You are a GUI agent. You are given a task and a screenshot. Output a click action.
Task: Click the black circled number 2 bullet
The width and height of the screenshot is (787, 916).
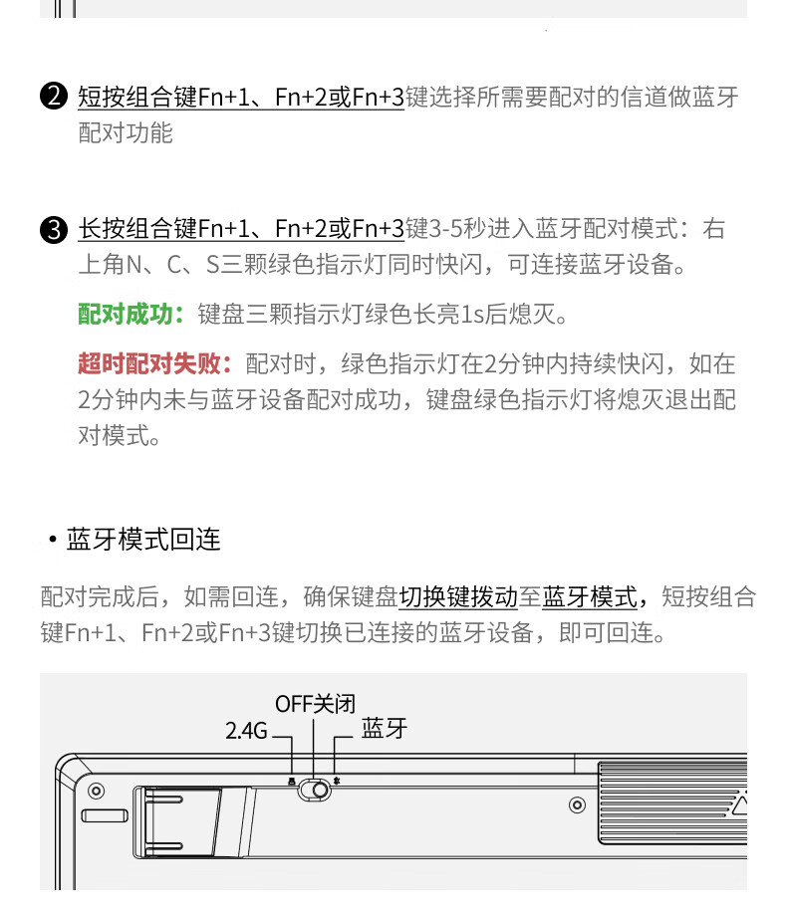[x=54, y=97]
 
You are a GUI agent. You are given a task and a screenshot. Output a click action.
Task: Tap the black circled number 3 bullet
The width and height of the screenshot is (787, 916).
[x=54, y=229]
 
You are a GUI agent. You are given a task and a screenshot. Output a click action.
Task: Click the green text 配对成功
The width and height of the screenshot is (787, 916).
[x=126, y=315]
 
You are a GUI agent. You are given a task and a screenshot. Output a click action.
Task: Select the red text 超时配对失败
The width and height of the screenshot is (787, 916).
[x=149, y=364]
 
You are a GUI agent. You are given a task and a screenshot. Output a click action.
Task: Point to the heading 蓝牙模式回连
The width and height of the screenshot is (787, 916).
[x=143, y=540]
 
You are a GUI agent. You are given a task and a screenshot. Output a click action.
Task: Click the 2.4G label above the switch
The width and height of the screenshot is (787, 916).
[x=246, y=731]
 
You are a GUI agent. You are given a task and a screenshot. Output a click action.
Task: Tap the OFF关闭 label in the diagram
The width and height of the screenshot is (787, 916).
[x=315, y=704]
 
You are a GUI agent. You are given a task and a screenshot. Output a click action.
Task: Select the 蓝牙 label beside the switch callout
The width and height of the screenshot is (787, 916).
[x=384, y=729]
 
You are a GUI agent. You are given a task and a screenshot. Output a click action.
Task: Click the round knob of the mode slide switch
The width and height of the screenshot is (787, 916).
[x=320, y=790]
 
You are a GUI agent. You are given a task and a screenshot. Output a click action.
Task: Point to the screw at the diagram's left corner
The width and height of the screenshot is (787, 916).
[x=96, y=791]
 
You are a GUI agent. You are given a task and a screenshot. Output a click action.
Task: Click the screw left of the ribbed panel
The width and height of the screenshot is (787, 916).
[x=577, y=805]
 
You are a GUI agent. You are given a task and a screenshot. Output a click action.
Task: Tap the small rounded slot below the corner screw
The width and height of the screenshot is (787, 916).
[x=105, y=815]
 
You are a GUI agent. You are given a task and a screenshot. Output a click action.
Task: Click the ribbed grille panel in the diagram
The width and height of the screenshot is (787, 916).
[x=672, y=802]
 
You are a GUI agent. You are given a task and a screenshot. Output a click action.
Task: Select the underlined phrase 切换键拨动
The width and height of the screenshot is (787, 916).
[x=458, y=597]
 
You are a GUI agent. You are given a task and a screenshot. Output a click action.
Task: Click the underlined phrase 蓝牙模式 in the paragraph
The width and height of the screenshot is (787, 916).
[x=590, y=597]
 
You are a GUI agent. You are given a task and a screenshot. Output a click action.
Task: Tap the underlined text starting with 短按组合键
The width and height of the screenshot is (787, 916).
[x=241, y=97]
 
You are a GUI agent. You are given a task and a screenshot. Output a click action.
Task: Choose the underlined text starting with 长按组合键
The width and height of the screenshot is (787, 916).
[x=241, y=229]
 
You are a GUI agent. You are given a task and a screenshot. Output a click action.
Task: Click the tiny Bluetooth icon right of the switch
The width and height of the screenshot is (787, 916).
[x=336, y=781]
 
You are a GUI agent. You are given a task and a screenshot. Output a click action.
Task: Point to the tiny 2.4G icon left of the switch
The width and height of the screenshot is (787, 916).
[x=292, y=781]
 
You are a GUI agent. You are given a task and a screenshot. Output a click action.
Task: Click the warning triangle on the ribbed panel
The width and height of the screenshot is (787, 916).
[x=740, y=805]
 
